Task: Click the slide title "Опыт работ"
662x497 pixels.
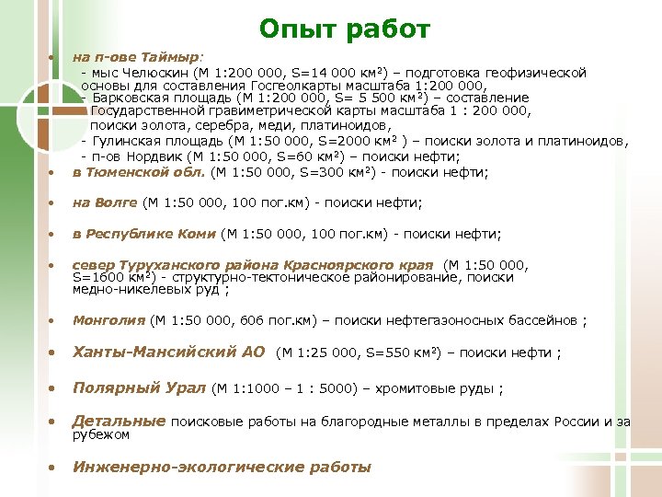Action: tap(344, 30)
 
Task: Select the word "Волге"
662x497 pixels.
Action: tap(117, 202)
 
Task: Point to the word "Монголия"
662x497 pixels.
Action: tap(108, 320)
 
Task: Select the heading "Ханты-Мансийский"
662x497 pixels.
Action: tap(168, 352)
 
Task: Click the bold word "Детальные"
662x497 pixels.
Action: tap(119, 422)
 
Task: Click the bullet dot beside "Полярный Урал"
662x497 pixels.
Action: tap(52, 387)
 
